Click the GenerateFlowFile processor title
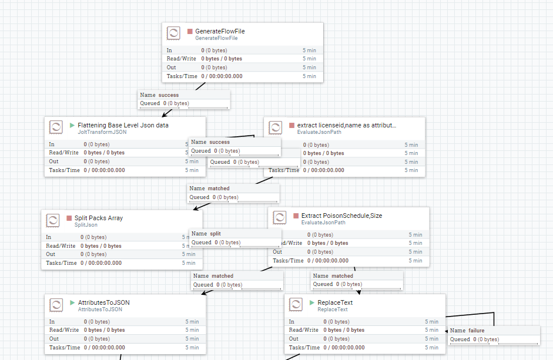click(x=220, y=31)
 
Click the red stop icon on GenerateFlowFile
click(x=190, y=31)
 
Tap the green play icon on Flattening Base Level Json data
click(x=72, y=125)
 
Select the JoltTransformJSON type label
click(x=102, y=132)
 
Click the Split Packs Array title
click(x=99, y=218)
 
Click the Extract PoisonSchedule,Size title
click(x=341, y=216)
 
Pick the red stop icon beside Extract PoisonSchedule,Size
click(x=296, y=216)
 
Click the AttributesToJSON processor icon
click(x=56, y=305)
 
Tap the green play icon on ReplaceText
click(x=312, y=302)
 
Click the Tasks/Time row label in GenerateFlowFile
click(x=182, y=76)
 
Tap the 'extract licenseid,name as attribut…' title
click(x=347, y=125)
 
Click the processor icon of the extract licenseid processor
click(x=275, y=127)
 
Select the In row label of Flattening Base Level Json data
click(x=52, y=144)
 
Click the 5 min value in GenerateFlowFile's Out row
click(x=309, y=68)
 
